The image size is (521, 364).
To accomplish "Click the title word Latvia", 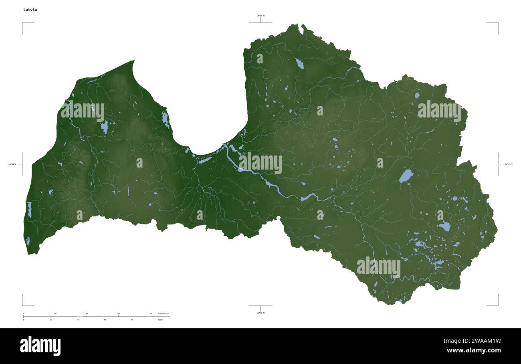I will [x=30, y=10].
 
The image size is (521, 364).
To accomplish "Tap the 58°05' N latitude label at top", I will [x=260, y=16].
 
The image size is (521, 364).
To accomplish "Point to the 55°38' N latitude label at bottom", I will [x=260, y=313].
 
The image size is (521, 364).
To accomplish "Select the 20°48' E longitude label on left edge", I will [x=12, y=164].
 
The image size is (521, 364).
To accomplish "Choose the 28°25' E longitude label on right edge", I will [x=508, y=164].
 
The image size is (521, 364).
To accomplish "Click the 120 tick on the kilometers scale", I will [x=150, y=313].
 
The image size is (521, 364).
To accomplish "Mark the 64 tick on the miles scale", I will [x=132, y=320].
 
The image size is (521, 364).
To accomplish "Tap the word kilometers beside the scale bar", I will [x=163, y=313].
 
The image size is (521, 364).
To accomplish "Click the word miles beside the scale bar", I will [x=160, y=320].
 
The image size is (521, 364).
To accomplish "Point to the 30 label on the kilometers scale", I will [x=55, y=313].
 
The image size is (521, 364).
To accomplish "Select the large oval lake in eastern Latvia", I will [x=406, y=176].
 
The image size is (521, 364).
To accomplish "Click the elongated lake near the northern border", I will [x=299, y=63].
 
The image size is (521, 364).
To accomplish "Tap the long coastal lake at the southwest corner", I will [x=29, y=209].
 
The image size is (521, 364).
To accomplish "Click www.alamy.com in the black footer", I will [x=474, y=350].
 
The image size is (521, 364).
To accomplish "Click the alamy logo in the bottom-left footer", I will [x=40, y=346].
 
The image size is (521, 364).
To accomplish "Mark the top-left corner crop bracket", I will [x=23, y=23].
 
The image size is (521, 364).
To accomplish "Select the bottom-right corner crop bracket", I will [x=498, y=305].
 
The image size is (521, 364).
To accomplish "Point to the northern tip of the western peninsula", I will [x=133, y=61].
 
